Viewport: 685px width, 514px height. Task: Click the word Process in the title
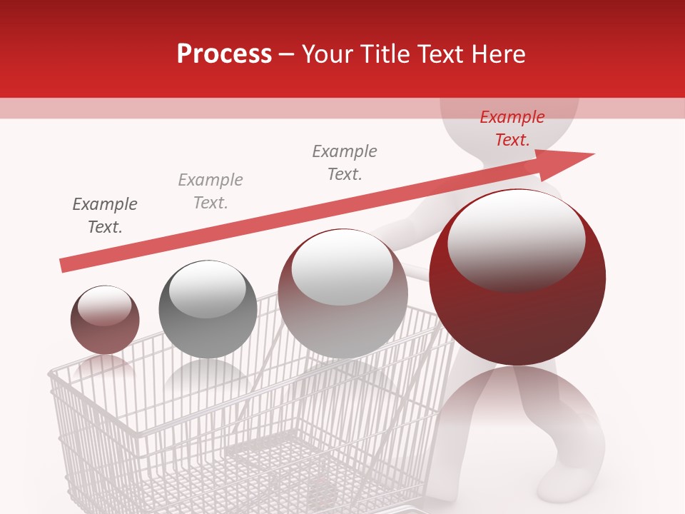pyautogui.click(x=224, y=54)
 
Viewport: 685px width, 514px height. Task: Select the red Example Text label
pyautogui.click(x=512, y=128)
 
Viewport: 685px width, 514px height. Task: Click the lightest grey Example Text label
pyautogui.click(x=210, y=191)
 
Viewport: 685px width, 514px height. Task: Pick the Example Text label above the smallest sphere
pyautogui.click(x=105, y=216)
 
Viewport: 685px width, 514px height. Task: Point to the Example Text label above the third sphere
pyautogui.click(x=345, y=163)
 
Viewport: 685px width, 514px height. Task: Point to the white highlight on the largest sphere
pyautogui.click(x=516, y=239)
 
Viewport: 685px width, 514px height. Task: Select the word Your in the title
pyautogui.click(x=329, y=54)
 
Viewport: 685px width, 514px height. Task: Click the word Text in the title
pyautogui.click(x=437, y=54)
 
